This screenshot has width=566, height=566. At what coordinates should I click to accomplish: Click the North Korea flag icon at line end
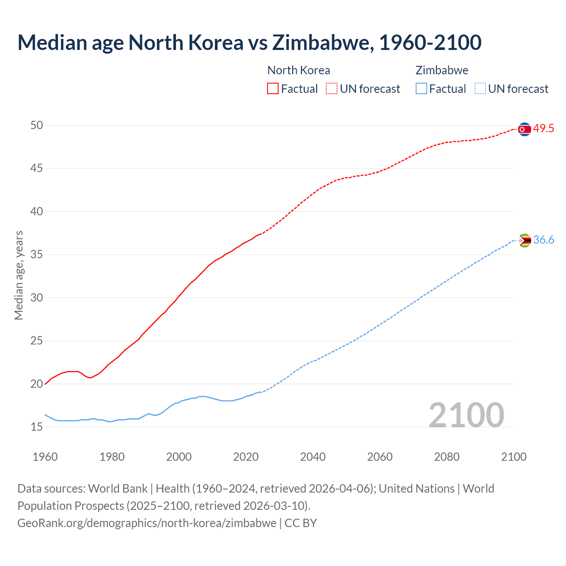(x=524, y=129)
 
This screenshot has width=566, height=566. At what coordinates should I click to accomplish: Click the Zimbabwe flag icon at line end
(x=524, y=241)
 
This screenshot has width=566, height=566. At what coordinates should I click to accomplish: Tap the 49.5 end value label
(x=543, y=129)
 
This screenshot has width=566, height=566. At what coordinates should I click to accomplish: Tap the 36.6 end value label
(x=543, y=240)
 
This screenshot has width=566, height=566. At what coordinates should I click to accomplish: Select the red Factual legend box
(x=273, y=88)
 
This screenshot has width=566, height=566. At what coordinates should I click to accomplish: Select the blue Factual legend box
(x=421, y=88)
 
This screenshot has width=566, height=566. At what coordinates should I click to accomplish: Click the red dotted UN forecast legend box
(x=332, y=88)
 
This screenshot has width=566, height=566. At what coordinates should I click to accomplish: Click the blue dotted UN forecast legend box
(x=480, y=88)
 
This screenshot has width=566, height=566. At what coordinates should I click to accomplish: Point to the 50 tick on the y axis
(x=37, y=126)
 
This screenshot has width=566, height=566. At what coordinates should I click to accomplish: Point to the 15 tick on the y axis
(x=37, y=427)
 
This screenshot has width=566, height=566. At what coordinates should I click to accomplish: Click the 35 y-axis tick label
(x=37, y=255)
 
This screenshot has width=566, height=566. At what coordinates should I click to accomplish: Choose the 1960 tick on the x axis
(x=45, y=457)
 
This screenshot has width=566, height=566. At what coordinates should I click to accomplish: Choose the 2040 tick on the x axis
(x=313, y=457)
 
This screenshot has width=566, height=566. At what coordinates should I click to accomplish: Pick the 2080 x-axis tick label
(x=447, y=457)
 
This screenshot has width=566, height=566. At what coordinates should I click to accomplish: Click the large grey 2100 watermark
(x=467, y=415)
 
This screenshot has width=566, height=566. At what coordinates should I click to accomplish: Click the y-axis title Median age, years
(x=19, y=275)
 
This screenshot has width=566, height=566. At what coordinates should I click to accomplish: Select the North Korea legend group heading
(x=298, y=70)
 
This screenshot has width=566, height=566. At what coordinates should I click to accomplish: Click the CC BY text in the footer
(x=301, y=523)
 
